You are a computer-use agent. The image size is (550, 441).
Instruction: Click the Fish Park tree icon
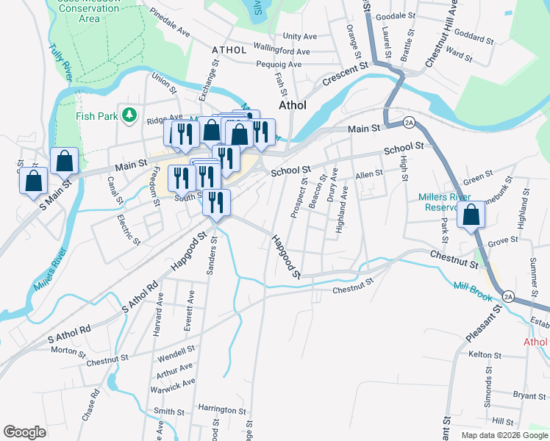(129, 115)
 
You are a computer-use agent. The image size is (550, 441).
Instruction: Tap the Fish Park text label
(96, 115)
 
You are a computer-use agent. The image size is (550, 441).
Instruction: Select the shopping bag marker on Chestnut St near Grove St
(471, 215)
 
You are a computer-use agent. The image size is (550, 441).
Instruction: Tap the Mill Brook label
(472, 285)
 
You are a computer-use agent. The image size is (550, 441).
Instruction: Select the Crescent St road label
(343, 74)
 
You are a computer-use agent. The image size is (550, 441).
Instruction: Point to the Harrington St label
(221, 410)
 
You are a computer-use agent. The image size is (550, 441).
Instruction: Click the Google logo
(24, 432)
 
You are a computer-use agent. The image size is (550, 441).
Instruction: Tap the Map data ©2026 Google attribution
(504, 435)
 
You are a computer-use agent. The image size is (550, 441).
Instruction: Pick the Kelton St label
(484, 354)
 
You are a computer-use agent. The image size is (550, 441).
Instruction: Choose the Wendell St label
(176, 351)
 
